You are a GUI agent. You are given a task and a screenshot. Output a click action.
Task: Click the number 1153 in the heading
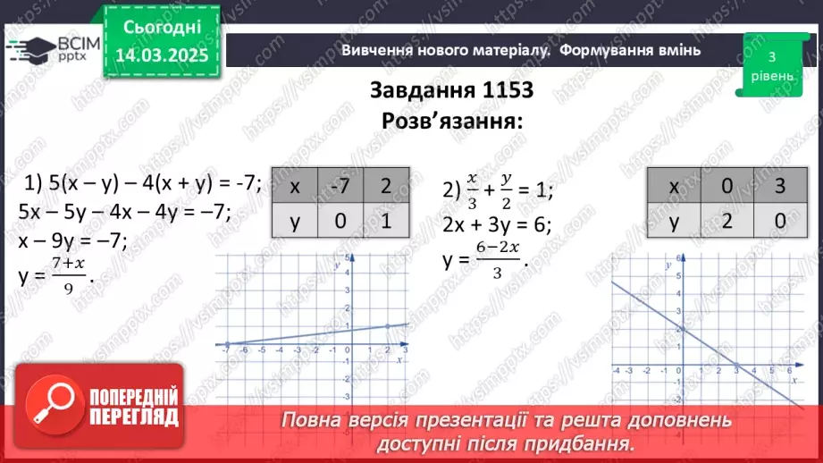(x=500, y=90)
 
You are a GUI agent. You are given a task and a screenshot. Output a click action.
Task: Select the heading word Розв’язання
(x=452, y=121)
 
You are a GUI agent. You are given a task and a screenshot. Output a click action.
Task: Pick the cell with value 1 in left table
(x=386, y=221)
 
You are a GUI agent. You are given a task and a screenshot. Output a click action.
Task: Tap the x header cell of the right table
(x=675, y=187)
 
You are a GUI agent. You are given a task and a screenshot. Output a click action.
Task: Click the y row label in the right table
(x=675, y=221)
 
